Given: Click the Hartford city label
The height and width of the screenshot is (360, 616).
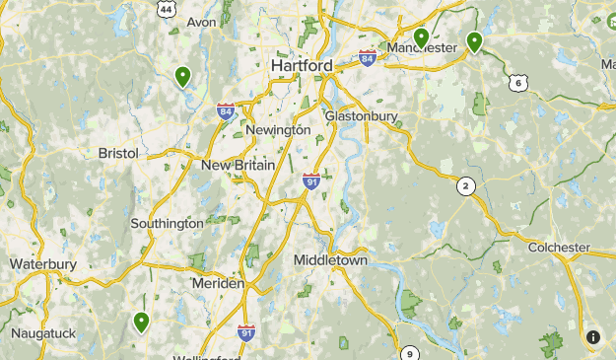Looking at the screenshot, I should [x=302, y=65].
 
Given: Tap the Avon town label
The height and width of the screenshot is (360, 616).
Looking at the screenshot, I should [x=201, y=22].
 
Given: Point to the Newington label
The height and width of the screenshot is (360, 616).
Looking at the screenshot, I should [x=279, y=129].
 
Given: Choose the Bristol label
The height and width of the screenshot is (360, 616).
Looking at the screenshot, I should [x=119, y=153].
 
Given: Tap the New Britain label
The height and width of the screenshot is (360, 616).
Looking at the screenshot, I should [x=238, y=165].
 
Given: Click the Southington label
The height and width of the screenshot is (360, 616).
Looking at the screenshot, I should [x=168, y=224].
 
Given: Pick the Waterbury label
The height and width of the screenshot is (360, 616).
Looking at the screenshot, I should [x=43, y=264].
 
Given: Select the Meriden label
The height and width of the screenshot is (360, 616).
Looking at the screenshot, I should [x=218, y=283].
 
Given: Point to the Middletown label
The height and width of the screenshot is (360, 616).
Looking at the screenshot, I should [x=330, y=260].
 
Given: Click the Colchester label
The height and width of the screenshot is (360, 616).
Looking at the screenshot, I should [x=559, y=248].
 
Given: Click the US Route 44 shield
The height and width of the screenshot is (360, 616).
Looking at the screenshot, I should [x=167, y=9].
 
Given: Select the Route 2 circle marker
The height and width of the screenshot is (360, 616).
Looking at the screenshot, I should [x=466, y=185].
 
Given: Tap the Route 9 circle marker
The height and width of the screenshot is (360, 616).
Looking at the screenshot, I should [x=410, y=354].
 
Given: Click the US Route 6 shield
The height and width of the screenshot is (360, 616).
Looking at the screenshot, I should [x=518, y=83].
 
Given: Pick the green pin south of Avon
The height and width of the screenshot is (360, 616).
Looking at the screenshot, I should [x=182, y=75].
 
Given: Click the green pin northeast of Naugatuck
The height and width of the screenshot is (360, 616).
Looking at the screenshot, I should [x=141, y=321].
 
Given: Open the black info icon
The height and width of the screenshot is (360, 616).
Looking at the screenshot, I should [x=593, y=337].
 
